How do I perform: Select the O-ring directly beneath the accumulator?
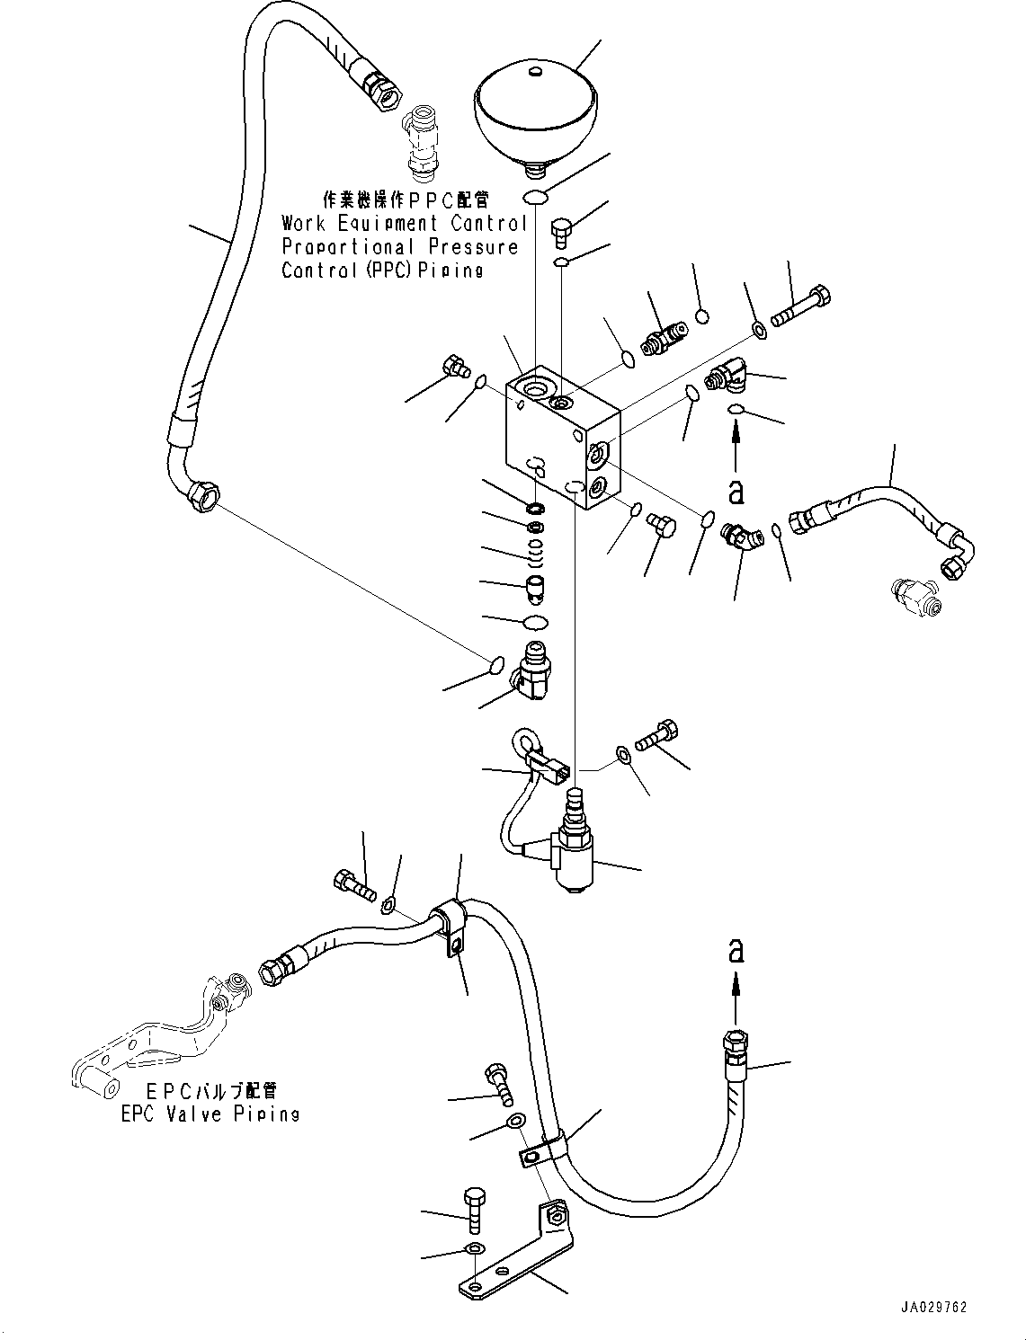tap(536, 198)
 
